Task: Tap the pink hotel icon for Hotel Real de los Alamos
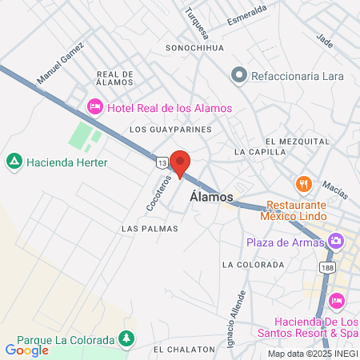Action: [x=94, y=107]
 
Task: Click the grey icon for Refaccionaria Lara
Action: [x=238, y=76]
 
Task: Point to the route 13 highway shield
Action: [x=162, y=162]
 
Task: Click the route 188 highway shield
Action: [x=326, y=266]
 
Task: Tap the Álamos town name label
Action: [x=212, y=197]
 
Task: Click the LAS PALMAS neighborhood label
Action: [x=150, y=229]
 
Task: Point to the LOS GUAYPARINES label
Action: [x=170, y=129]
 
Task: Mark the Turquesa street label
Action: [x=197, y=23]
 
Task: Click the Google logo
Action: [x=26, y=350]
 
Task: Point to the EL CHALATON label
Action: [x=185, y=350]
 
